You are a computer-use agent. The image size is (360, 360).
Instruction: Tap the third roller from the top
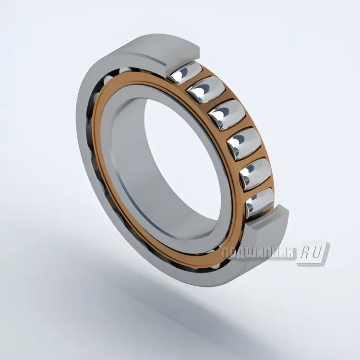pos(222,114)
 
